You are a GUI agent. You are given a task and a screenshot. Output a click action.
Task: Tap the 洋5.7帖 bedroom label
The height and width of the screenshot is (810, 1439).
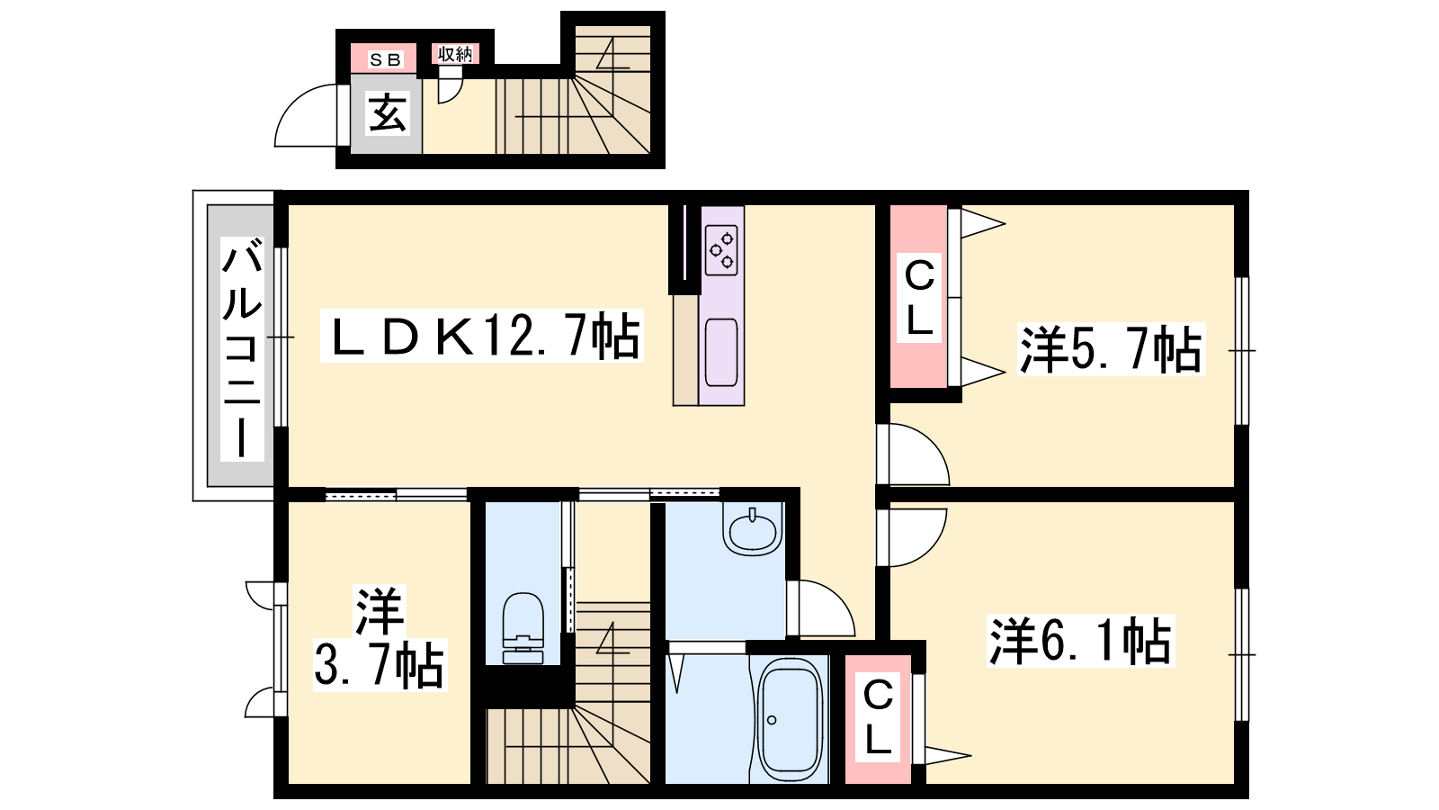tap(1111, 350)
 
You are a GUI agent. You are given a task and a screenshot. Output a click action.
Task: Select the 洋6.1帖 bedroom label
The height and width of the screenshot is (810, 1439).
tap(1080, 641)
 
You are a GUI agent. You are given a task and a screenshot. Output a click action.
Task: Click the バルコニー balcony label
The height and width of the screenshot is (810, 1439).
tap(242, 348)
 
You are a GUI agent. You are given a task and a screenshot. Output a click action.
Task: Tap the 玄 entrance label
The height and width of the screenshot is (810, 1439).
tap(388, 113)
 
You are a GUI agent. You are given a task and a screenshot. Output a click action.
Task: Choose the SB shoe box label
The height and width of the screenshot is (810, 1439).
tap(385, 59)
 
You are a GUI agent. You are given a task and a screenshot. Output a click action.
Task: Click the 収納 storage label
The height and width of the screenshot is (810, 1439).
tap(455, 55)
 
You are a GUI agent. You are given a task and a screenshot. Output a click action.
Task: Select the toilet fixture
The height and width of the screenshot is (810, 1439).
tap(523, 628)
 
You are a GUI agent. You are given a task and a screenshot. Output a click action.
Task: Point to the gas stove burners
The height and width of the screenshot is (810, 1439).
tap(721, 250)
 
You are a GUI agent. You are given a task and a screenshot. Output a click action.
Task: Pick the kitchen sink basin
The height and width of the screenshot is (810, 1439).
tap(720, 352)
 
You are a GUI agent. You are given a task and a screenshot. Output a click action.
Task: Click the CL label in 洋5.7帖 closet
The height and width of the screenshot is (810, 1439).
tap(918, 299)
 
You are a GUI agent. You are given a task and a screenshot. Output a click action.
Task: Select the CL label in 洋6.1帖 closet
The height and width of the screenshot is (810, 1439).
tap(878, 716)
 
